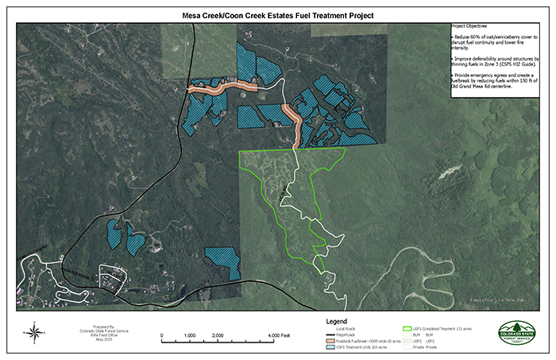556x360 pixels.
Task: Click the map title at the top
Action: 278,15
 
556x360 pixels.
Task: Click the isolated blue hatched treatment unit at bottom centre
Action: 222,260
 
